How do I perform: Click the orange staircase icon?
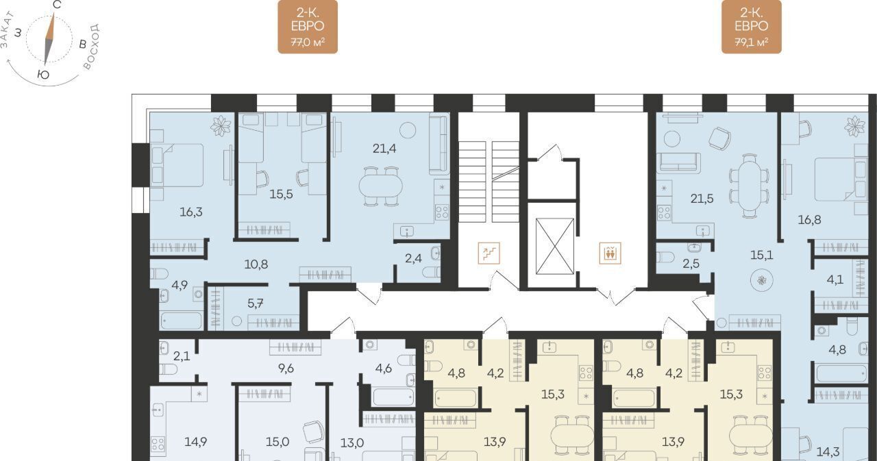coord(489,253)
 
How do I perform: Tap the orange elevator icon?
coord(610,253)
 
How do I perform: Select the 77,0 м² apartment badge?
coord(308,27)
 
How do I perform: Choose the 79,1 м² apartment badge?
coord(752,27)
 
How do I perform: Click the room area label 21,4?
coord(384,149)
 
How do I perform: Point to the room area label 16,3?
coord(191,212)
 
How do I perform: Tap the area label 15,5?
coord(281,194)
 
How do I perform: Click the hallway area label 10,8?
coord(256,264)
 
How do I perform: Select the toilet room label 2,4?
coord(413,258)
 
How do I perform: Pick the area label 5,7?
coord(256,303)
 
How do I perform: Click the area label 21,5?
coord(702,199)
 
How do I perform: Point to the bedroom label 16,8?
coord(810,220)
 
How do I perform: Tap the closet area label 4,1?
coord(835,279)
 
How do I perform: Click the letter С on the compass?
coord(57,5)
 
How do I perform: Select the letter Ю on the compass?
coord(43,75)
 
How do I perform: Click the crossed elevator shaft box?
coord(555,246)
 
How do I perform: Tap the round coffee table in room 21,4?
coord(407,130)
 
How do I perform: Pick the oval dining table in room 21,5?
coord(750,186)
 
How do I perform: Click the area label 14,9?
coord(196,442)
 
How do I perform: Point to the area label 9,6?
coord(286,369)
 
